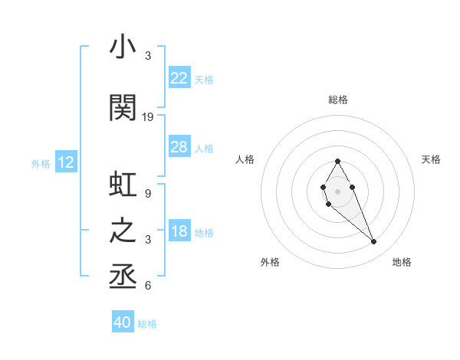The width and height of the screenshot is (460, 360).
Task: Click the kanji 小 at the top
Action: click(123, 47)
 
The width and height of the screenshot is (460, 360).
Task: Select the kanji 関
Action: click(123, 108)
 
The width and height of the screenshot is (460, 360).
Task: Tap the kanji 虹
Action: click(123, 186)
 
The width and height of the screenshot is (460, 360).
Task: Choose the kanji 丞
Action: click(123, 273)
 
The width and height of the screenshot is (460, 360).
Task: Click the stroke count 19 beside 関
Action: click(149, 117)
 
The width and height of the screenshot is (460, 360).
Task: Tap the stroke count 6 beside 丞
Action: click(147, 286)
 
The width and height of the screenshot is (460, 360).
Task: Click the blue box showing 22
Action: click(179, 77)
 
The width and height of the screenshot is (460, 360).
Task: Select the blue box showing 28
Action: click(179, 147)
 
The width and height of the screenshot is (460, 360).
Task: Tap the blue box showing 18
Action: click(179, 231)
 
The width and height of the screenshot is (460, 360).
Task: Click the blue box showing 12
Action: click(65, 162)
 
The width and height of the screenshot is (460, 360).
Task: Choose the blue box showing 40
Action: click(123, 322)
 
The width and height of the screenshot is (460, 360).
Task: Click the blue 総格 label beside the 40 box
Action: click(147, 324)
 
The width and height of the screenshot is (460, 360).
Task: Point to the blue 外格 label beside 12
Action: click(41, 163)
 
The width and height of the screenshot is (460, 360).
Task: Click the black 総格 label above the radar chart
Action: click(338, 100)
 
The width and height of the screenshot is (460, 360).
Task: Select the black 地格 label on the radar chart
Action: click(402, 262)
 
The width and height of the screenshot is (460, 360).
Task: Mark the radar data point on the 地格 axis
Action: click(374, 242)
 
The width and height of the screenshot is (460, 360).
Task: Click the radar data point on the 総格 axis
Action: click(338, 161)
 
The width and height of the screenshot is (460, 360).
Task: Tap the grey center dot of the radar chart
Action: click(338, 191)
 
